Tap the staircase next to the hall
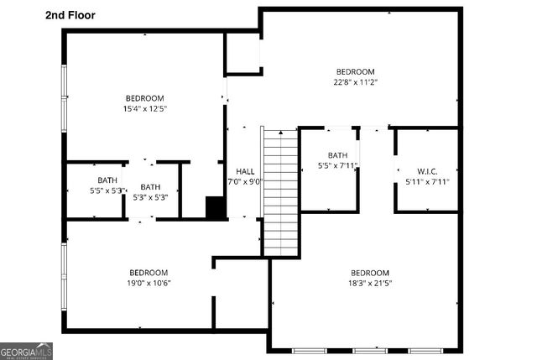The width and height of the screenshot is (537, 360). pos(281,192)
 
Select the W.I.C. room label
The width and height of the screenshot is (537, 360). pos(427,170)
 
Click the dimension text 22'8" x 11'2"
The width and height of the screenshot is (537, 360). pos(356,82)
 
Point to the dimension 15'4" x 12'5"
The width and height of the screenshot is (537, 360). pos(145,108)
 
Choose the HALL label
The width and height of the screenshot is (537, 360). pos(245,170)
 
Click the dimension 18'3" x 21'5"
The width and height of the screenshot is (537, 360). pos(370,283)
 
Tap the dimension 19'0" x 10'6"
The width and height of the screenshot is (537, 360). pos(149,283)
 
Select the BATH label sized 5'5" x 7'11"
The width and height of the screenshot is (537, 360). pos(337,155)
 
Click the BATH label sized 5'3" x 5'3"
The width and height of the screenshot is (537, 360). pos(150,187)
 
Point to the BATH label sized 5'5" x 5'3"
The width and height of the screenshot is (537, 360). pos(107,180)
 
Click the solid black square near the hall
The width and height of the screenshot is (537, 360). pos(216,208)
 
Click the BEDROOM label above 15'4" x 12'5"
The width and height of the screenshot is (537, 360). pos(145,98)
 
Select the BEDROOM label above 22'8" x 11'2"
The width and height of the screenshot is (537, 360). pos(356,71)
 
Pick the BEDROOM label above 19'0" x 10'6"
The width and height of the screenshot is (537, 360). pos(149,272)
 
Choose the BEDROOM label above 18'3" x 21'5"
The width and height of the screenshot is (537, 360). pos(370,273)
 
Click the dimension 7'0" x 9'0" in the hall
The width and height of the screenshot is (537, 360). pos(245,181)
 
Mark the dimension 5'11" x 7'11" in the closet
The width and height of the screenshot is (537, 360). pos(427,181)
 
